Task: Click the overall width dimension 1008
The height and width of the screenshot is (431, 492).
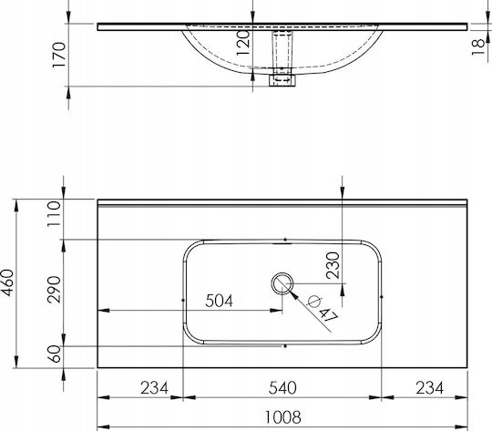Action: (x=283, y=417)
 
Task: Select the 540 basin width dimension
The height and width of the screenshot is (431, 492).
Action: (x=282, y=388)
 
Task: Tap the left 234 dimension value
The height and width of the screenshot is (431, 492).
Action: (x=154, y=388)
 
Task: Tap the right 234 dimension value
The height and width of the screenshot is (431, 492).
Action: (x=429, y=388)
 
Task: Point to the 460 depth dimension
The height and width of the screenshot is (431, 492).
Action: (x=7, y=282)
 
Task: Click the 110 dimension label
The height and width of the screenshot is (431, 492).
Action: (x=54, y=214)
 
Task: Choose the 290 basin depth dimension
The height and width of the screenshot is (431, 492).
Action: (x=54, y=290)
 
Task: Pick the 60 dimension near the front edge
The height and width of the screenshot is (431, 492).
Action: (x=55, y=354)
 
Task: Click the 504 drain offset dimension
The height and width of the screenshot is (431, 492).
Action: (x=220, y=301)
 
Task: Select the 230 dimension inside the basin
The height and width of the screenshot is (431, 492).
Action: (x=333, y=265)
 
